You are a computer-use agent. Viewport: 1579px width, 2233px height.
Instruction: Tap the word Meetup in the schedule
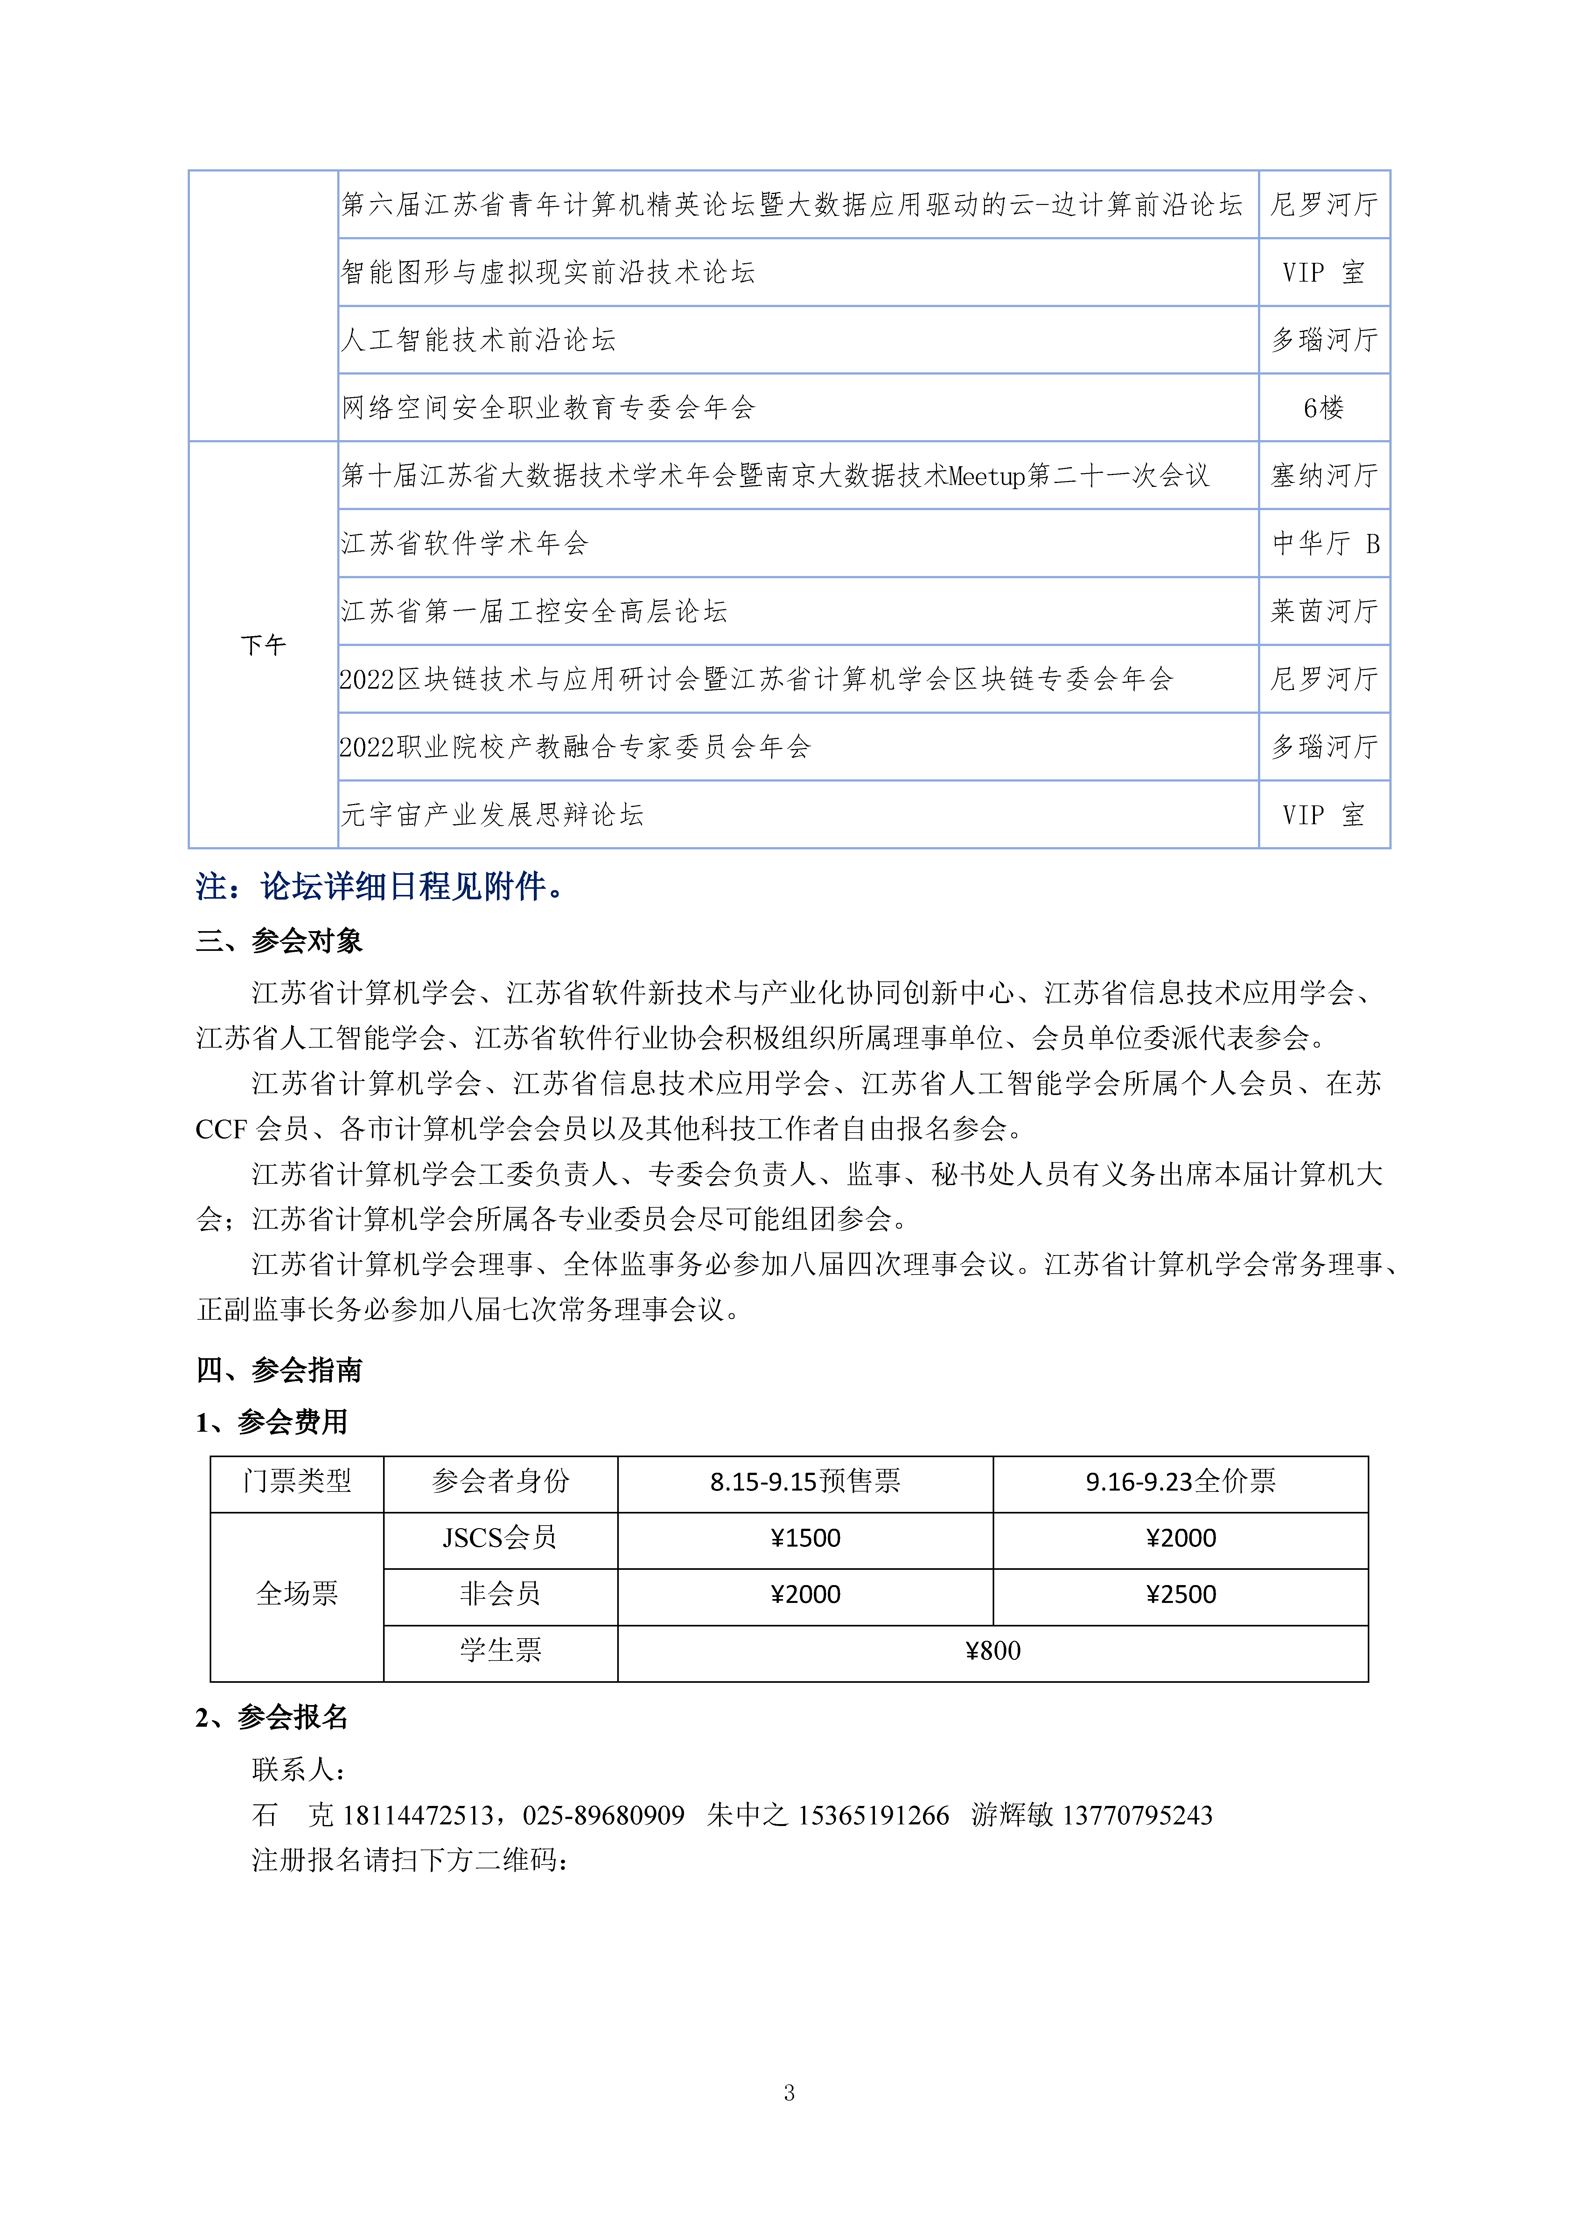(987, 475)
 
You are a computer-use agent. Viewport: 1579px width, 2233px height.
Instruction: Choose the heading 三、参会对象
(279, 940)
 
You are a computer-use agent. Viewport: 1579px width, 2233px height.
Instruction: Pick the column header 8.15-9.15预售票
(805, 1481)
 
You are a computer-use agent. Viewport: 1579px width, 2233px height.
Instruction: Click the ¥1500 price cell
(805, 1538)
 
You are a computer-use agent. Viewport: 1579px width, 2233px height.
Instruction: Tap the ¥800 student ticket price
(993, 1650)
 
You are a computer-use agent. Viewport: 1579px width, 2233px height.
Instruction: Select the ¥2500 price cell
(1180, 1594)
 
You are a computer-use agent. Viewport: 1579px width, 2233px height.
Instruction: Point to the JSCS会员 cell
(500, 1538)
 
